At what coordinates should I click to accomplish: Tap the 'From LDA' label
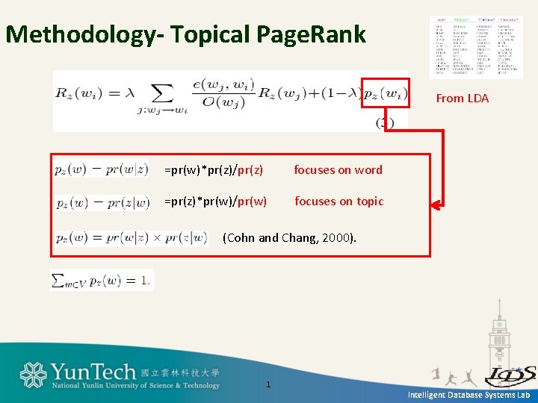462,98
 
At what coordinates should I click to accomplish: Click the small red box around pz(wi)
386,93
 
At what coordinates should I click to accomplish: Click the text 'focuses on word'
338,170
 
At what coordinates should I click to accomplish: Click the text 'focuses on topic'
338,201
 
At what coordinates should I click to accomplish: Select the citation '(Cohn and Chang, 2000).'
290,238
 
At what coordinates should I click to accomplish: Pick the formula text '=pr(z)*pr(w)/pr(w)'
215,201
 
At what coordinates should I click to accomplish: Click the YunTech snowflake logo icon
34,375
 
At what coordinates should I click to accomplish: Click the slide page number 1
268,384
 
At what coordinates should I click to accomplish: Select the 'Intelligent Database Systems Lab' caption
469,395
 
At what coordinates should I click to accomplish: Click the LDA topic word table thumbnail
475,46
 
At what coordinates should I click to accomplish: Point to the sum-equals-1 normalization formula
101,280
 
